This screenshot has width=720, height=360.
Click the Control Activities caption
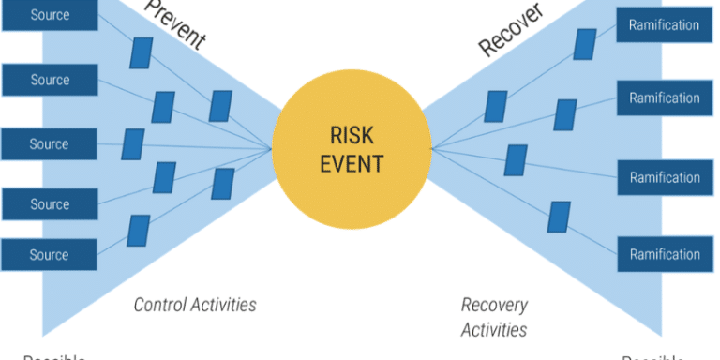pyautogui.click(x=195, y=305)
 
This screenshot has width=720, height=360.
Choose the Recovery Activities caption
pyautogui.click(x=494, y=317)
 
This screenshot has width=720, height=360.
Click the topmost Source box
pyautogui.click(x=49, y=15)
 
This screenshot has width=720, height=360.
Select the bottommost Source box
pyautogui.click(x=49, y=254)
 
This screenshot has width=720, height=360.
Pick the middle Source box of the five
pyautogui.click(x=49, y=144)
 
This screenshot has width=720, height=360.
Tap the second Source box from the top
pyautogui.click(x=49, y=80)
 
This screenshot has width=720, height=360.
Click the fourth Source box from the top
pyautogui.click(x=49, y=204)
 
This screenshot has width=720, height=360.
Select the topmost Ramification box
pyautogui.click(x=664, y=24)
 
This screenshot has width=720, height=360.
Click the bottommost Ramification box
pyautogui.click(x=664, y=254)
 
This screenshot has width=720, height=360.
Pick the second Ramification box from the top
pyautogui.click(x=664, y=97)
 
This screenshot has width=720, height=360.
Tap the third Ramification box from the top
pyautogui.click(x=664, y=177)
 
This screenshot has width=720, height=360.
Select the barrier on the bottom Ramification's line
pyautogui.click(x=559, y=217)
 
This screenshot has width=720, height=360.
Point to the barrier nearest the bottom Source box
pyautogui.click(x=139, y=231)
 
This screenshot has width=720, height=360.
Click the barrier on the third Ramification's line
pyautogui.click(x=515, y=159)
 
